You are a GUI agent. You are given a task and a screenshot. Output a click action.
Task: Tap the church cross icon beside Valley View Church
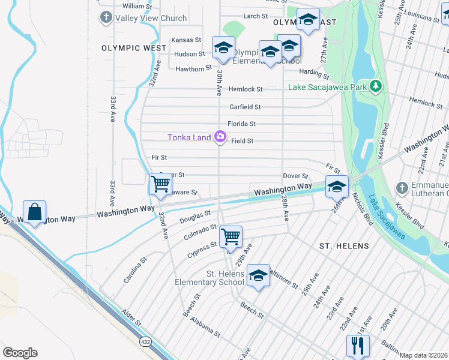(x=106, y=17)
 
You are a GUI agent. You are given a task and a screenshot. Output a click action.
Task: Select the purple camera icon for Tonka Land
(x=220, y=137)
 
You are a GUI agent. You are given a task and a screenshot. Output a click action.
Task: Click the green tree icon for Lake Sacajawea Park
(x=376, y=87)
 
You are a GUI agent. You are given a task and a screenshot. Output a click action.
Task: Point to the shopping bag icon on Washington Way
(x=35, y=212)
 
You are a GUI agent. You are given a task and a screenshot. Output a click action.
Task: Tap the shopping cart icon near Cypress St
(x=231, y=236)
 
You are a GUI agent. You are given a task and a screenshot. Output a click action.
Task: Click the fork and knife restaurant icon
(x=357, y=346)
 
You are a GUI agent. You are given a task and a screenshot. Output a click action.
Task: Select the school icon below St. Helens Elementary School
(x=258, y=275)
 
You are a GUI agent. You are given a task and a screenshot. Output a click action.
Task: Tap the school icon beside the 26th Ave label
(x=337, y=186)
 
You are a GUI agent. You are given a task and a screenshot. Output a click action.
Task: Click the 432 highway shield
(x=145, y=341)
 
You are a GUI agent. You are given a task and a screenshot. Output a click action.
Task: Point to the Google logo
(x=20, y=352)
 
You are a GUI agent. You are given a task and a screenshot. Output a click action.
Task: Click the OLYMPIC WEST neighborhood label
(x=134, y=48)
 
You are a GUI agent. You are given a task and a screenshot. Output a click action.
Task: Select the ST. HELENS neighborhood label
(x=344, y=246)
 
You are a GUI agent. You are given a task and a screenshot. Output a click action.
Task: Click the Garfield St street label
(x=245, y=107)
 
